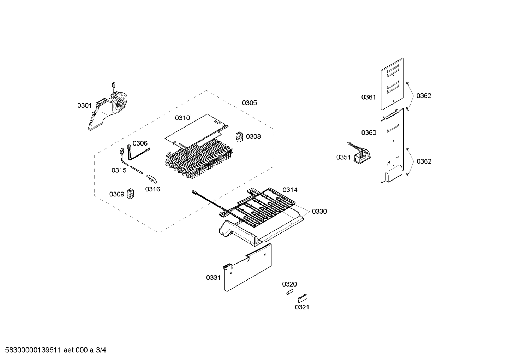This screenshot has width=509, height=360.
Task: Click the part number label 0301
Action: [x=84, y=105]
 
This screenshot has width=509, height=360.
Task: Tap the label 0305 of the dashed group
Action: [x=249, y=103]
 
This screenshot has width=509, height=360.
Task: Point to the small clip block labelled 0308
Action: [x=239, y=137]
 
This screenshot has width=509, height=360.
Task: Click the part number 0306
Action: [x=140, y=143]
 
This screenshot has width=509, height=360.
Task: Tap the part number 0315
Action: [x=119, y=170]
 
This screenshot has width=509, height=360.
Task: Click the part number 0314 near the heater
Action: [x=290, y=190]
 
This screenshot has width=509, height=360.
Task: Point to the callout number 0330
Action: [x=319, y=211]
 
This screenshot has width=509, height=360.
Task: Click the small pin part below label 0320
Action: [x=289, y=292]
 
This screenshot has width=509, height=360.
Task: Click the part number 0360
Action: [x=369, y=132]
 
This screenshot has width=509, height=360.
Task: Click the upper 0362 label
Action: [x=424, y=95]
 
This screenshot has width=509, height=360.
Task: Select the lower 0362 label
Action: [x=424, y=161]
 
